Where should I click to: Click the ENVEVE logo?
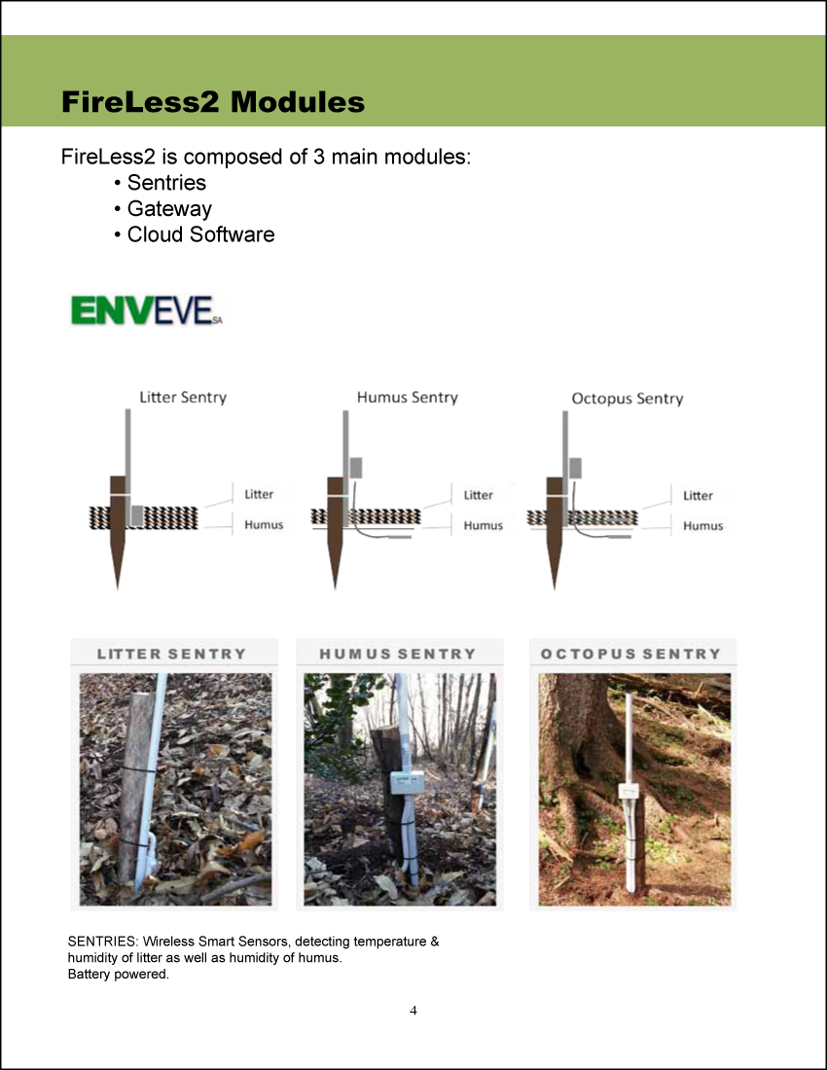147,310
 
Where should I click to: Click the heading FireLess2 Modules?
213,102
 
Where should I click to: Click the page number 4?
413,1010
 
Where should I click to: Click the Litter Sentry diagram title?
183,397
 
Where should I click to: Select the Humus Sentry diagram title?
408,397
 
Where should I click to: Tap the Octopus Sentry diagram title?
628,399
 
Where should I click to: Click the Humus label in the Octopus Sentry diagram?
702,526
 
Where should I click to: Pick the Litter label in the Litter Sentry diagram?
259,494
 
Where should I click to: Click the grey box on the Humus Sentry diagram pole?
355,468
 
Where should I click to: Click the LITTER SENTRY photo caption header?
171,654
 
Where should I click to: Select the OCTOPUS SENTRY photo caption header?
631,654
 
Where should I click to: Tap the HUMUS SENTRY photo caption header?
398,654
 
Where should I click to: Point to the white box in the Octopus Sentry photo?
628,792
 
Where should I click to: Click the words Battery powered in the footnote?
118,974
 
